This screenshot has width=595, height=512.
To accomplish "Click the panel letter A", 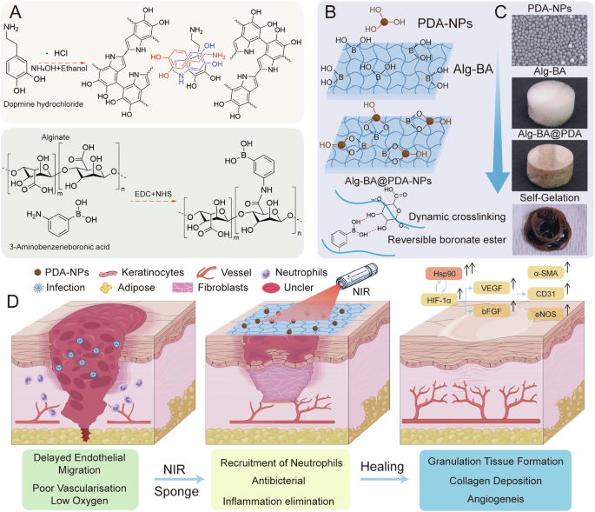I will (15, 14).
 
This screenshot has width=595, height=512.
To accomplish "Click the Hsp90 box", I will (443, 274).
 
